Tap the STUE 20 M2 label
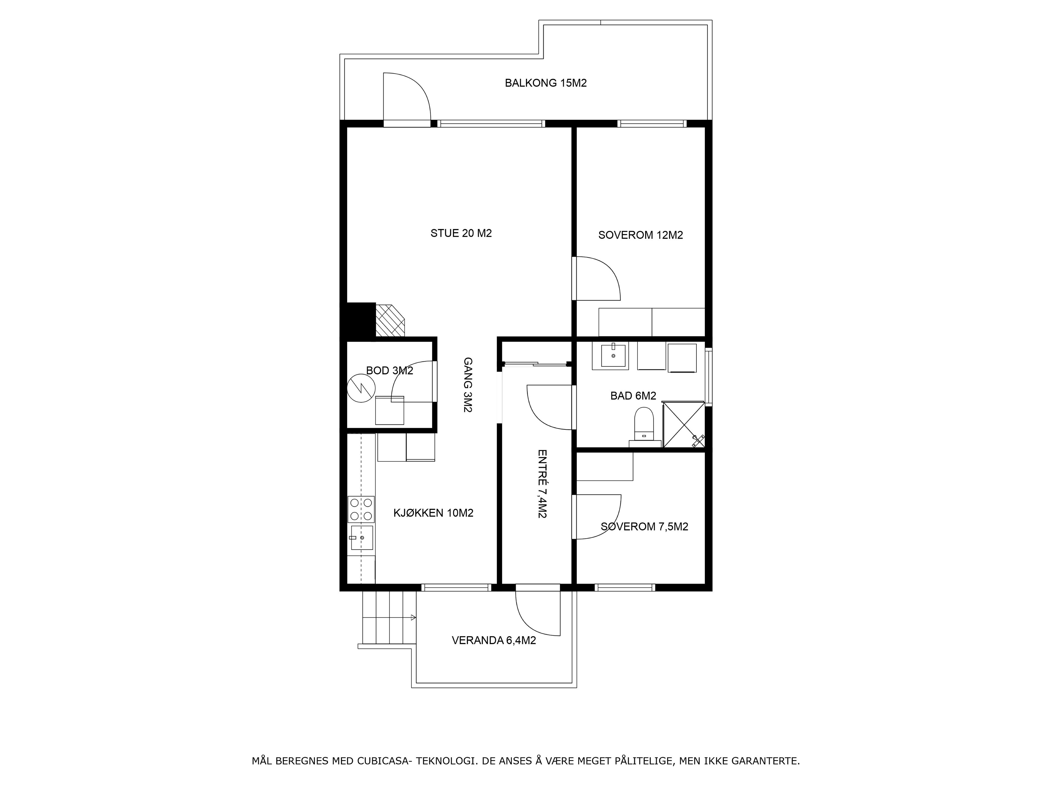click(461, 233)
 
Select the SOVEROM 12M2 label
click(640, 235)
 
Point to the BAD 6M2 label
click(633, 396)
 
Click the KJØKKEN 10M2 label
click(433, 513)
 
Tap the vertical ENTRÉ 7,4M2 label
click(542, 484)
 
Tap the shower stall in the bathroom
click(684, 425)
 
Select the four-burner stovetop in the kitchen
click(361, 509)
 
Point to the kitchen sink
click(361, 538)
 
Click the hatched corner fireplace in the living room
click(390, 320)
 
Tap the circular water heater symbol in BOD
click(361, 388)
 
